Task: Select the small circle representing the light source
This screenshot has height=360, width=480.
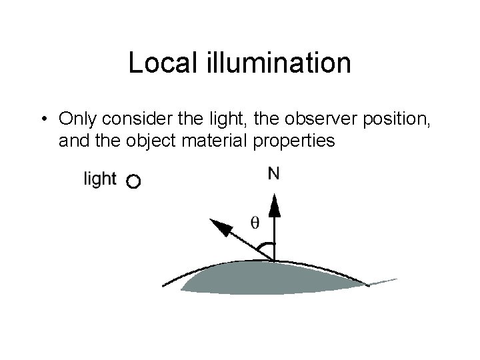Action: [133, 181]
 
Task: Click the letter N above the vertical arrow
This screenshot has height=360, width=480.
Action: [273, 174]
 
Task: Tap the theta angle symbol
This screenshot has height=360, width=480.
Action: [254, 222]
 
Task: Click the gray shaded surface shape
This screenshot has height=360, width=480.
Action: [273, 277]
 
